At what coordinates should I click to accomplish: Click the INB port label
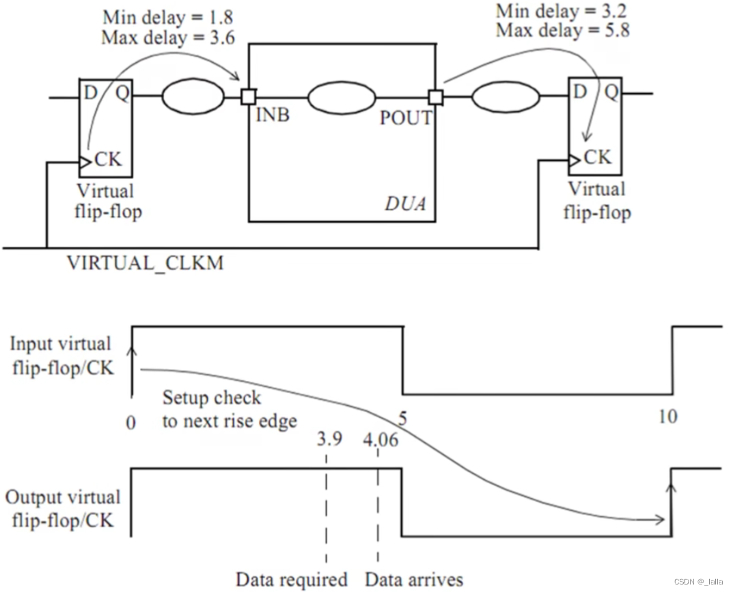click(x=273, y=115)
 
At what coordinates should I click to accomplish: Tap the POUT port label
click(x=406, y=118)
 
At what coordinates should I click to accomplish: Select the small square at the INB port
click(x=248, y=98)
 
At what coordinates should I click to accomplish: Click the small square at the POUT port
click(x=435, y=98)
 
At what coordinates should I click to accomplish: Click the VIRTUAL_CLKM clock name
click(x=144, y=263)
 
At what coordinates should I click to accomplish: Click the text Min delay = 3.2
click(x=562, y=12)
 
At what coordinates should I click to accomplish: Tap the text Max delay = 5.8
click(x=562, y=30)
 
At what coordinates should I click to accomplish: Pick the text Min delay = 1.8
click(x=168, y=16)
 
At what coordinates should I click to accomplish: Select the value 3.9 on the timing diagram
click(x=329, y=440)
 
